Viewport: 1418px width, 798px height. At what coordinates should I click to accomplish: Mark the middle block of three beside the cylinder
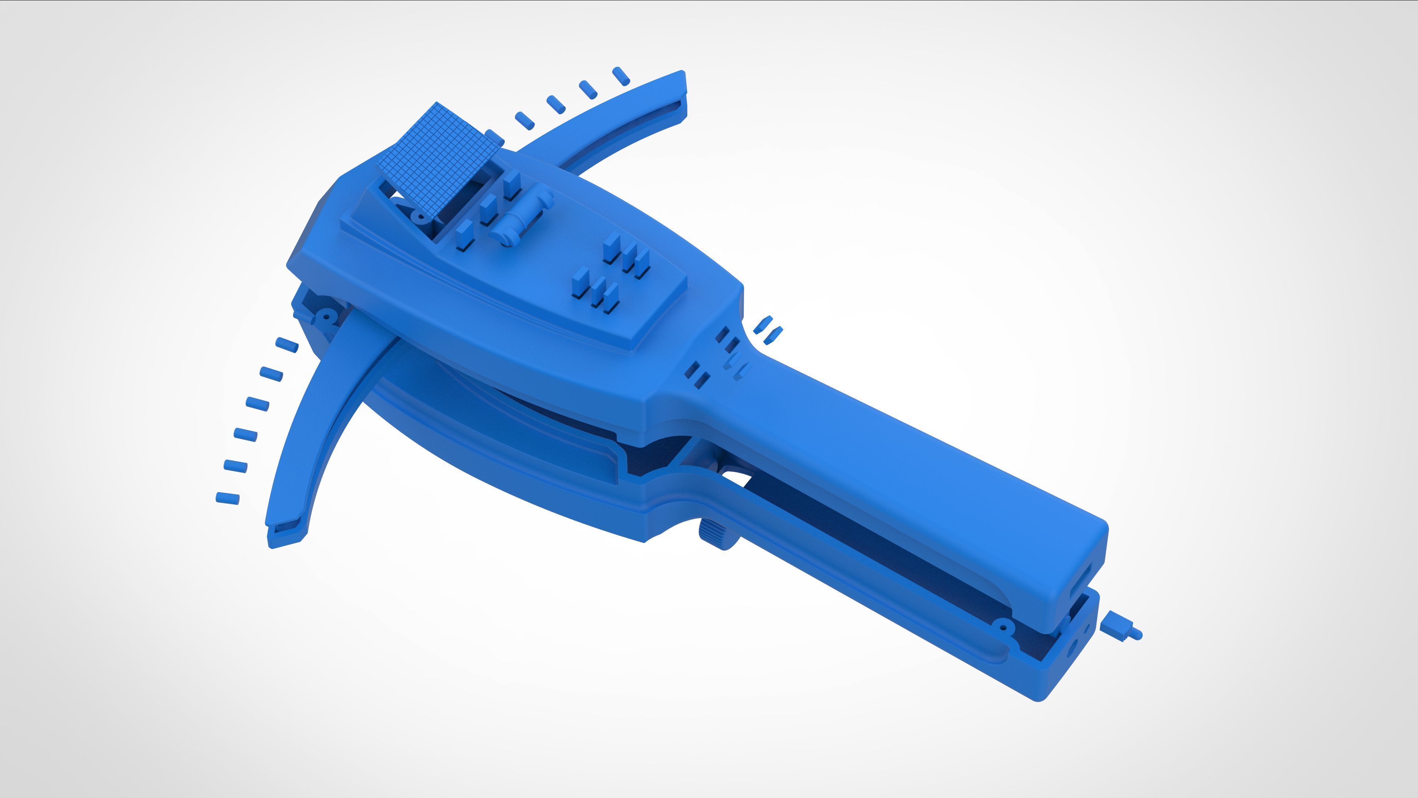pyautogui.click(x=488, y=209)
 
